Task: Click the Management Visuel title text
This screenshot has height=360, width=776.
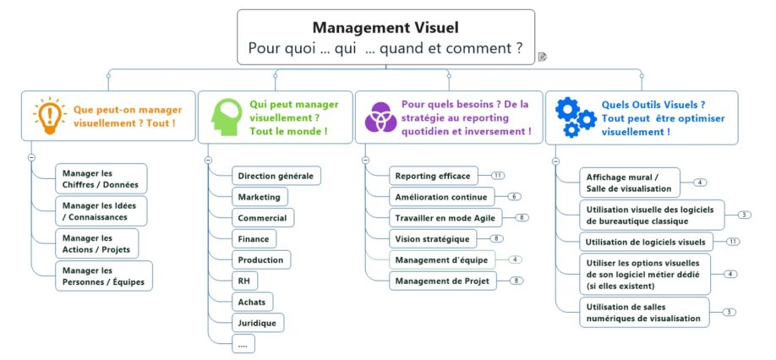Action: [x=385, y=28]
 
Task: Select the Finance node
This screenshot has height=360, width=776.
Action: [x=254, y=238]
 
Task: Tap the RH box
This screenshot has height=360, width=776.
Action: [x=245, y=280]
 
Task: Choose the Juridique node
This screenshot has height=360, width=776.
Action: [x=259, y=322]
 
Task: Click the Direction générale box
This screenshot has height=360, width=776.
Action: [x=276, y=176]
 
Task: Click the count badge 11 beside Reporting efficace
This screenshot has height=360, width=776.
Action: [x=498, y=176]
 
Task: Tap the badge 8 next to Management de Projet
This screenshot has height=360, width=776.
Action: [x=516, y=281]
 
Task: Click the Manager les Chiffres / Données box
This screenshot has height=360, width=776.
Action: [x=101, y=178]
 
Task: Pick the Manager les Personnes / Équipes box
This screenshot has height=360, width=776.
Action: [x=103, y=275]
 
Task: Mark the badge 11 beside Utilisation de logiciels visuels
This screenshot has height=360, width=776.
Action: [x=733, y=242]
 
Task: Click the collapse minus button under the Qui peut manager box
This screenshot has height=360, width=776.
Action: [x=208, y=160]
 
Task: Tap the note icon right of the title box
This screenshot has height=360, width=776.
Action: [x=543, y=57]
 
